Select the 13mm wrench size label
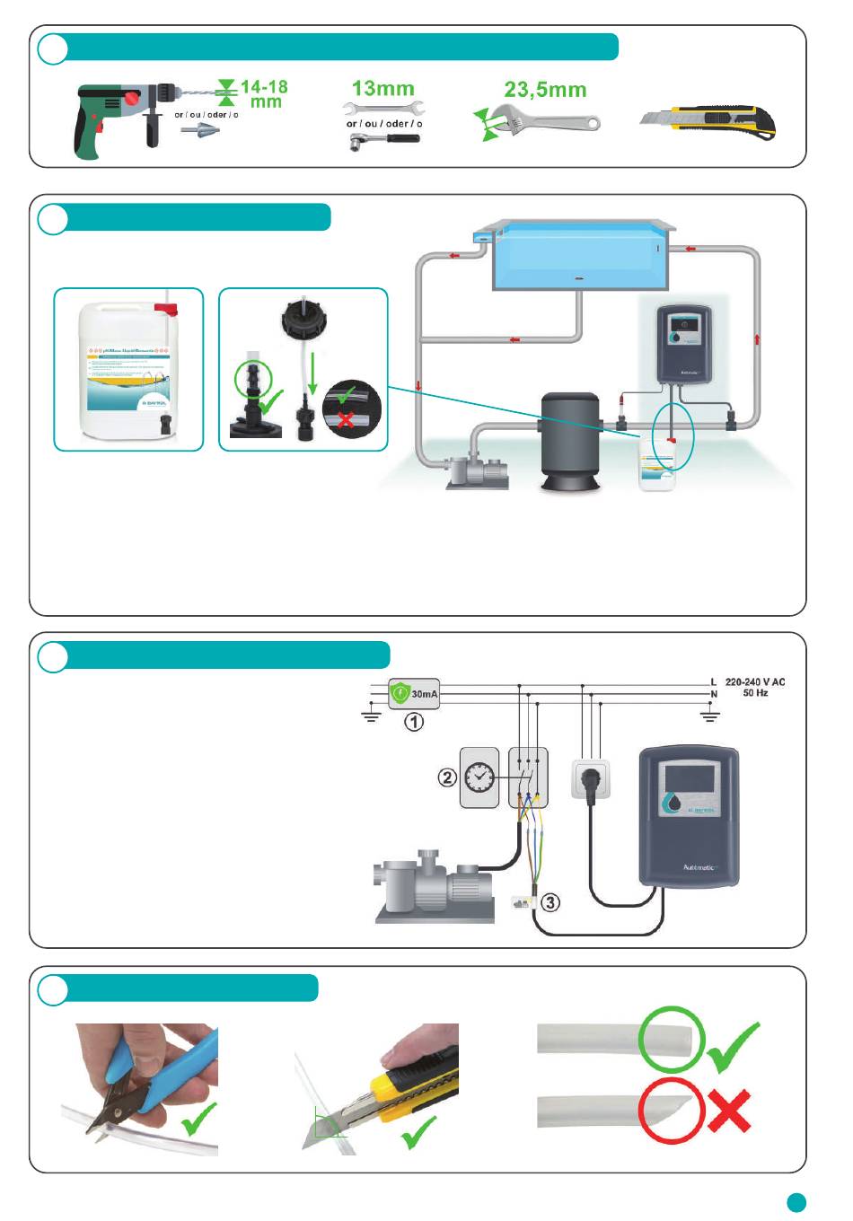pyautogui.click(x=383, y=89)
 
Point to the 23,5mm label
pyautogui.click(x=544, y=90)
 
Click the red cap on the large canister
pyautogui.click(x=166, y=310)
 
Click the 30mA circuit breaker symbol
pyautogui.click(x=414, y=693)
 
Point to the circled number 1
pyautogui.click(x=413, y=722)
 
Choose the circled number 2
pyautogui.click(x=447, y=777)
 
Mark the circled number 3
pyautogui.click(x=550, y=901)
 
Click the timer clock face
pyautogui.click(x=479, y=777)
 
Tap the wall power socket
pyautogui.click(x=591, y=778)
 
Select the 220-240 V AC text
pyautogui.click(x=754, y=682)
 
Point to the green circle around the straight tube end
pyautogui.click(x=671, y=1040)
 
